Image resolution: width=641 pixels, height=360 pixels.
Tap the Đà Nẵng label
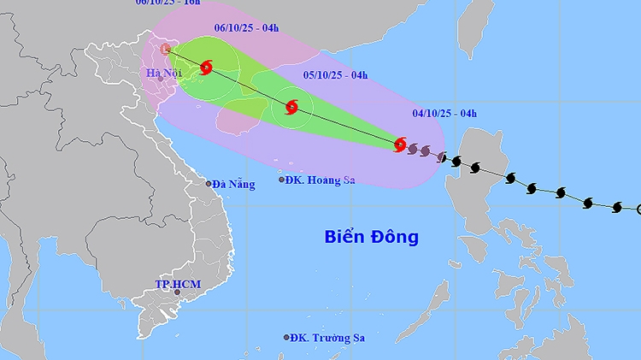pos(233,184)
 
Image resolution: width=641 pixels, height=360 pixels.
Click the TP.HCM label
pos(173,283)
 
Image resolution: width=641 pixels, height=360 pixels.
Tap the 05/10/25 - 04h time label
pos(335,75)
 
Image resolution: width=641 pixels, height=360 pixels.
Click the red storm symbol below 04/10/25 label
pos(400,145)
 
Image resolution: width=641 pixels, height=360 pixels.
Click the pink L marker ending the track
pos(166,49)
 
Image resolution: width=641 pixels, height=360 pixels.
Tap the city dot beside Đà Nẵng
pos(208,183)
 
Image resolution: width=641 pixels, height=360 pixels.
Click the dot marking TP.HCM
pos(178,292)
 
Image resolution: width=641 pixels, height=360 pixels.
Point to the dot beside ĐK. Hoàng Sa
pos(282,180)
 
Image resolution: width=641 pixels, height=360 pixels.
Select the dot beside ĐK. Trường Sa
pos(286,338)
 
